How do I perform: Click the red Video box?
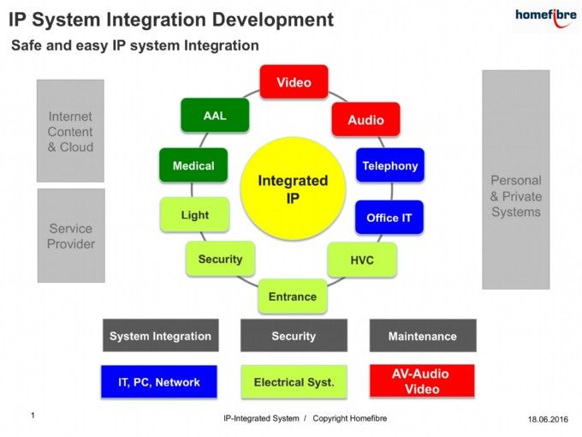[x=294, y=81]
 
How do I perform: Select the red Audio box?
[x=366, y=119]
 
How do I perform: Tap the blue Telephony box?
[x=390, y=165]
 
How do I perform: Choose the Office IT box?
[x=389, y=218]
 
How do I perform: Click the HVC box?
[x=362, y=260]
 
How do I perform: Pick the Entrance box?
[x=293, y=296]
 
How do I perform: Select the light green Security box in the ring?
[x=220, y=259]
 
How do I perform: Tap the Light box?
[x=194, y=214]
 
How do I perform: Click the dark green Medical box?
[x=193, y=165]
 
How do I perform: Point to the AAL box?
[x=215, y=115]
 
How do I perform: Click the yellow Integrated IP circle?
[x=294, y=189]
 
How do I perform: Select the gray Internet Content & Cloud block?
[x=70, y=131]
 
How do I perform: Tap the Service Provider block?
[x=71, y=236]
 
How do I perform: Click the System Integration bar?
[x=161, y=335]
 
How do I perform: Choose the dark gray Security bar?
[x=294, y=335]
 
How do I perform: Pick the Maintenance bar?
[x=423, y=335]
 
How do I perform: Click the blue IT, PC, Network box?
[x=159, y=381]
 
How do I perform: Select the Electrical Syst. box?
[x=294, y=381]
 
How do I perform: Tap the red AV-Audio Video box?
[x=422, y=381]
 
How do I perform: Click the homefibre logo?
[x=546, y=17]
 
